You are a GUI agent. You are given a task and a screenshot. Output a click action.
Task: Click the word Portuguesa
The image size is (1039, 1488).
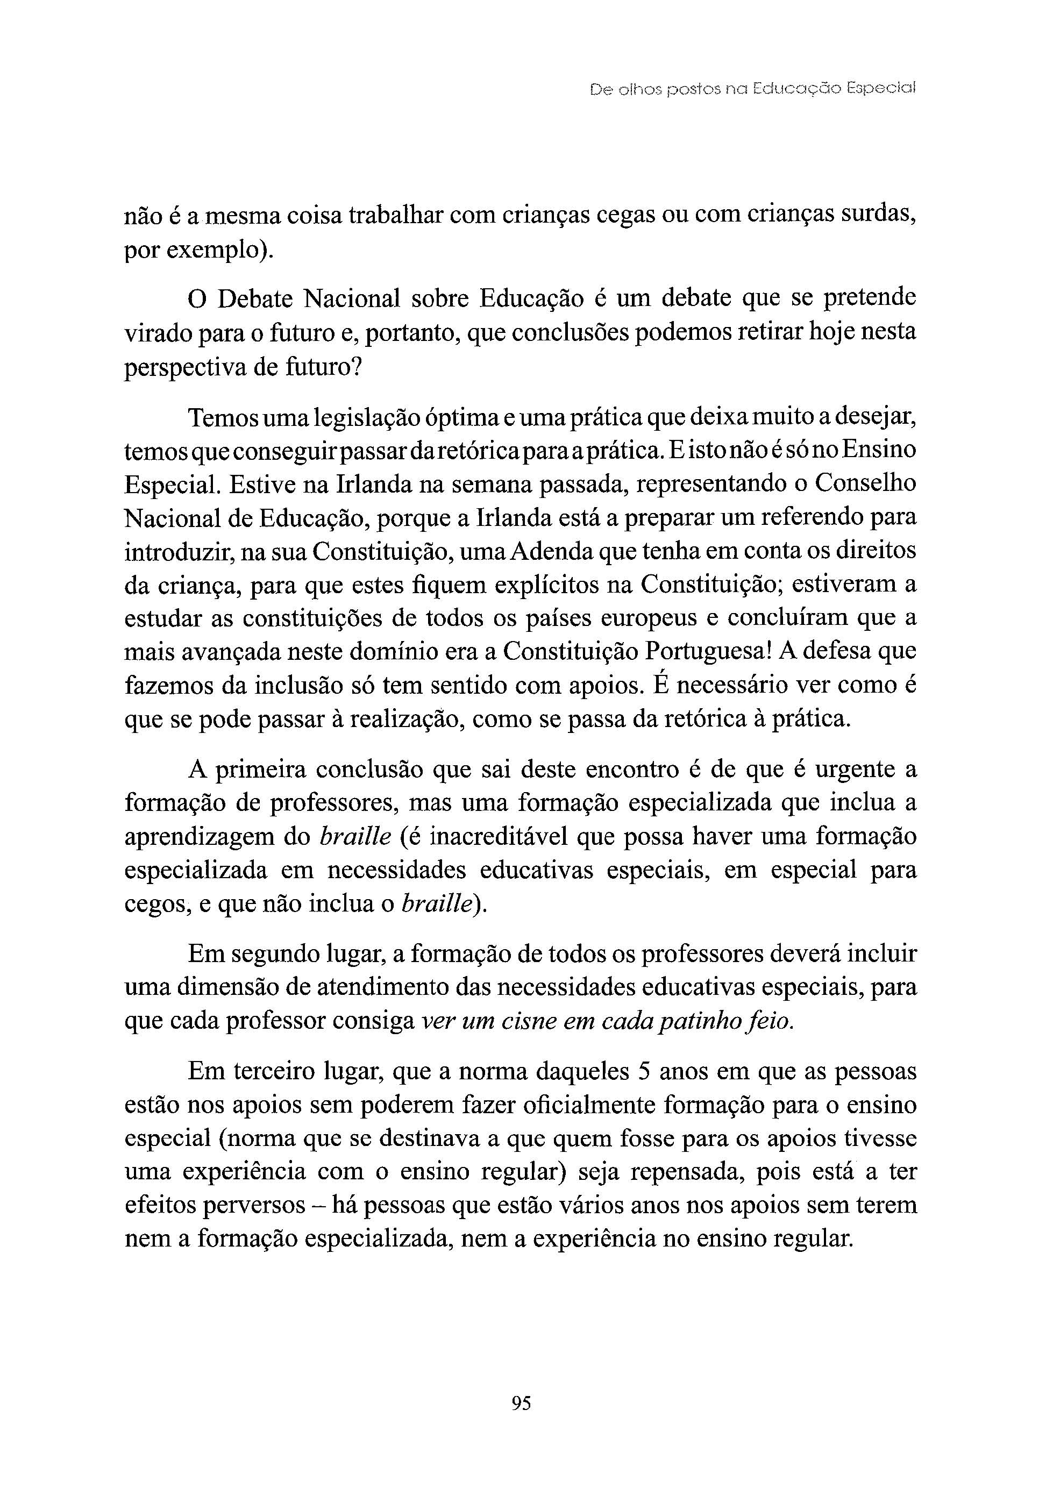tap(704, 651)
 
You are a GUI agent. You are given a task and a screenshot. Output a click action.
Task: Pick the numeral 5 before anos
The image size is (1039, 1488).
tap(644, 1071)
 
